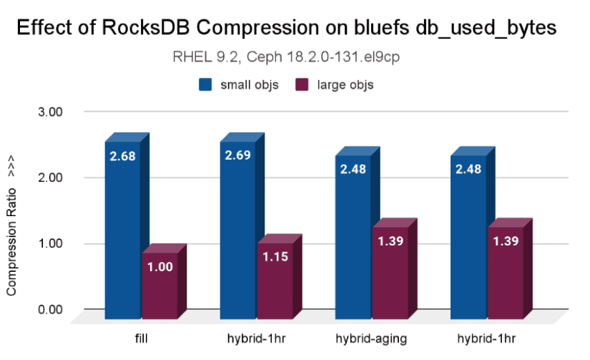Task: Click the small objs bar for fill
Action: [x=122, y=229]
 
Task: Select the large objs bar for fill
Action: [x=159, y=286]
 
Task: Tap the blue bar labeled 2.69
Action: [x=237, y=229]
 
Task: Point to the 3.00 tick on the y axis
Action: [x=51, y=112]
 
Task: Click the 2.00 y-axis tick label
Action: [x=51, y=177]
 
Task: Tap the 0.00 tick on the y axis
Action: [x=51, y=310]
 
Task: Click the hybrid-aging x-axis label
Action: [x=370, y=336]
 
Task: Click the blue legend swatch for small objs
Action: [x=206, y=85]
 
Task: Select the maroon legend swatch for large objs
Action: [x=302, y=85]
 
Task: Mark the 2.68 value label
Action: [x=122, y=155]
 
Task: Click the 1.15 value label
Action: [x=275, y=256]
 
